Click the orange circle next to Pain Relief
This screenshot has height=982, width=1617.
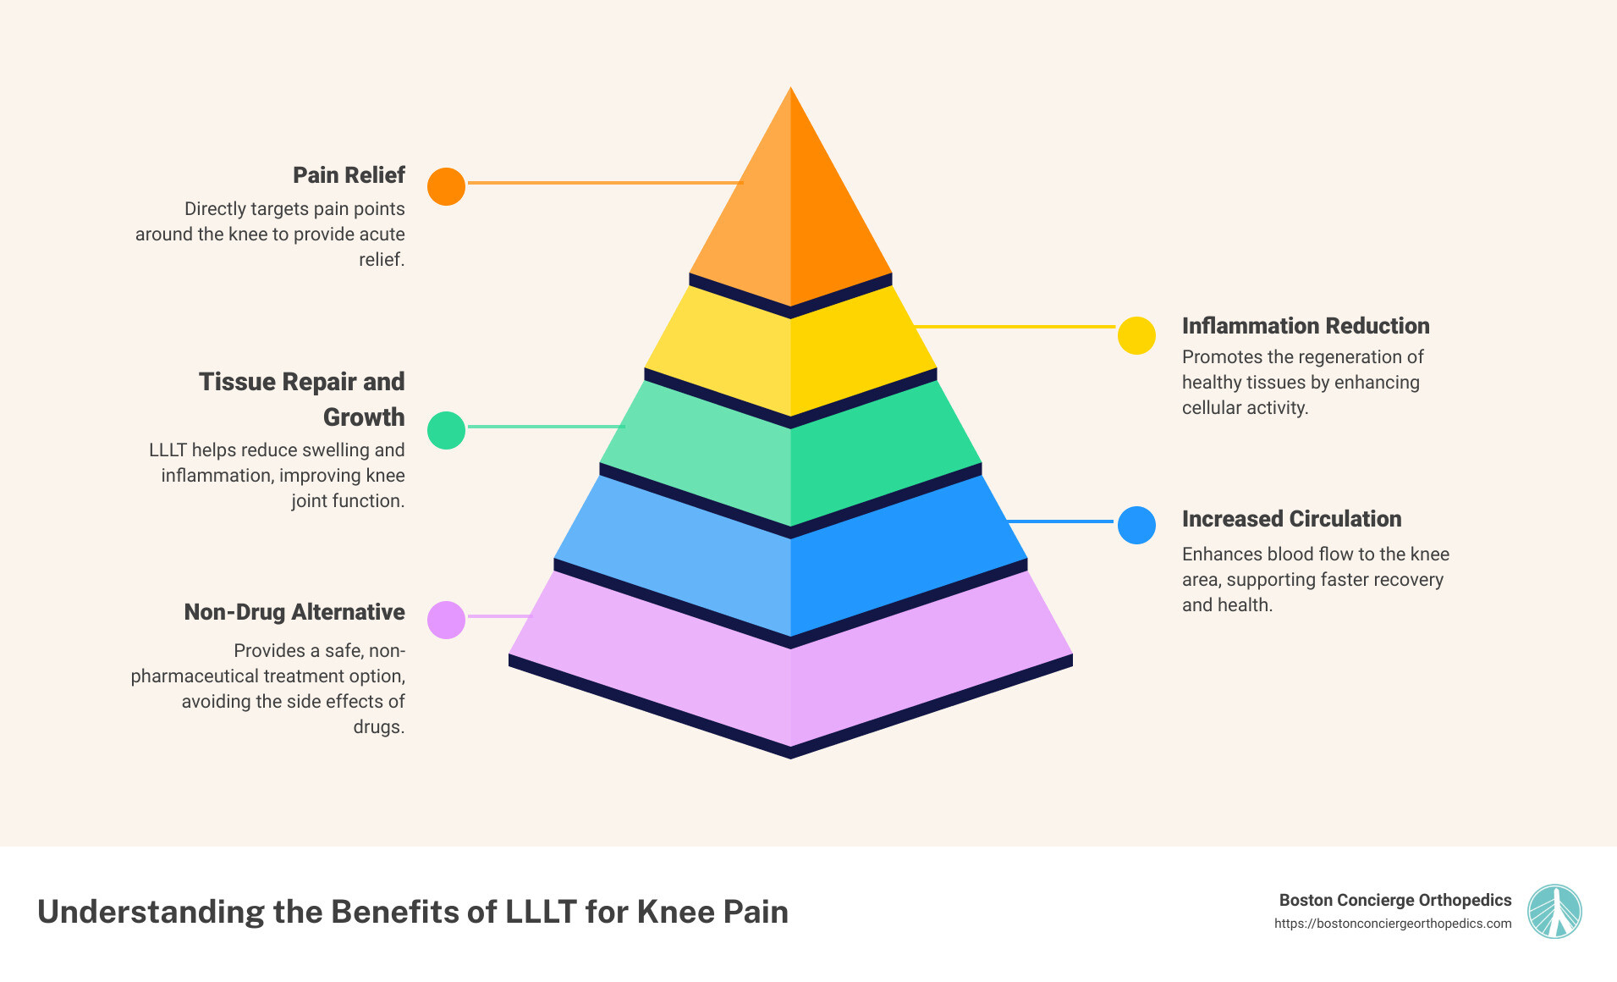click(446, 186)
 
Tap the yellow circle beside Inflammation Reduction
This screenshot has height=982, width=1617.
click(1136, 335)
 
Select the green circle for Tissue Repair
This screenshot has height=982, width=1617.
click(446, 430)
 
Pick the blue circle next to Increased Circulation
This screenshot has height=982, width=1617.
click(1136, 525)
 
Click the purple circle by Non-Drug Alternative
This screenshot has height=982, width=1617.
click(446, 620)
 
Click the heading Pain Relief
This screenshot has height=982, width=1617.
click(349, 175)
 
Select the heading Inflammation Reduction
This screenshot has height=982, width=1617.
click(1305, 326)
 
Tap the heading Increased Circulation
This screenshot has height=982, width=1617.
click(1291, 519)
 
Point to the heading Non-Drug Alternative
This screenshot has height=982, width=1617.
click(294, 612)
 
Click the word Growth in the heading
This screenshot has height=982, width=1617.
click(364, 417)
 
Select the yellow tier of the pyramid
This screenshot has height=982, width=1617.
click(790, 356)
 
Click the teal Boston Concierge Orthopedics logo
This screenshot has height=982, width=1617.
click(1554, 911)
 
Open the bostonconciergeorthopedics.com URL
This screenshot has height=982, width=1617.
click(1392, 924)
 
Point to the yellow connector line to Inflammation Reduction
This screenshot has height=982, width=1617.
click(1015, 326)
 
